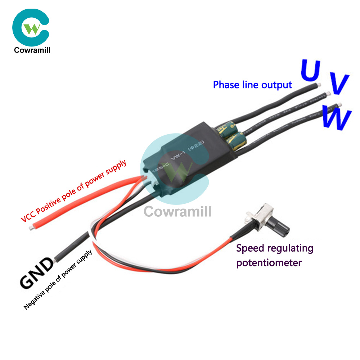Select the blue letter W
pos(336,119)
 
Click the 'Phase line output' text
pos(252,85)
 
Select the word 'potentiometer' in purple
pos(269,263)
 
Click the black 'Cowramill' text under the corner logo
pos(32,50)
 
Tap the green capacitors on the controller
pos(230,135)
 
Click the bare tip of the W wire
pos(339,105)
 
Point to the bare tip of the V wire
pos(328,94)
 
